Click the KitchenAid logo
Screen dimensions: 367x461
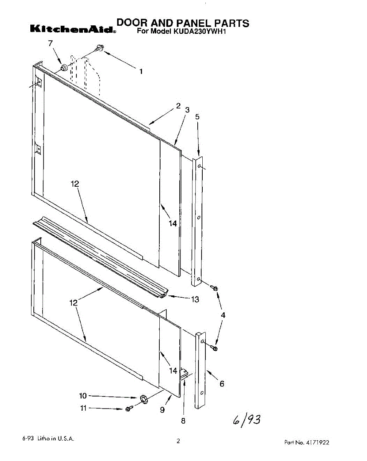73,29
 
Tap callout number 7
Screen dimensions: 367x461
50,43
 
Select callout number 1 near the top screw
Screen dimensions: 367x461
141,71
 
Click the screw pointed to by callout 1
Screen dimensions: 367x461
100,48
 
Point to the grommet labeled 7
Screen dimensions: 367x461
64,68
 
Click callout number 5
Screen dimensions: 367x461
197,117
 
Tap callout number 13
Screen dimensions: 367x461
195,299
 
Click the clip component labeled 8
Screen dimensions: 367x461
184,375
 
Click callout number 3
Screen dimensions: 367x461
187,110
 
